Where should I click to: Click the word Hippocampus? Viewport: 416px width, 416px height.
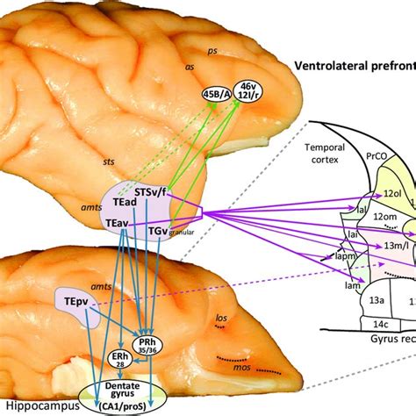(36, 406)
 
